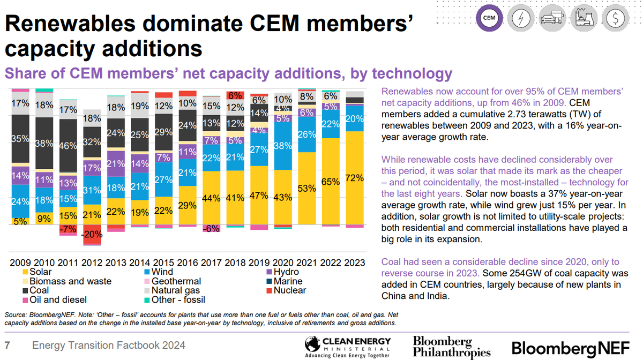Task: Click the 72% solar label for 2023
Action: pyautogui.click(x=355, y=177)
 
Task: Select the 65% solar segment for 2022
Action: pyautogui.click(x=331, y=182)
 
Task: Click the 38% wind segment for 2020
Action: pyautogui.click(x=283, y=145)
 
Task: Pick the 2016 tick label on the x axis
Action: pyautogui.click(x=187, y=263)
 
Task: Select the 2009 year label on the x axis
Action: pyautogui.click(x=20, y=263)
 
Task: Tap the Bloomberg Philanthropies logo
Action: pyautogui.click(x=451, y=347)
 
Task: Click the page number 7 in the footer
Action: pyautogui.click(x=8, y=346)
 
